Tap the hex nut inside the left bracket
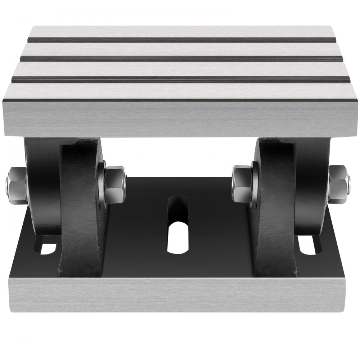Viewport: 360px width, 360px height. point(114,179)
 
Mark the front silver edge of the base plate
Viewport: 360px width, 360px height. point(180,295)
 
